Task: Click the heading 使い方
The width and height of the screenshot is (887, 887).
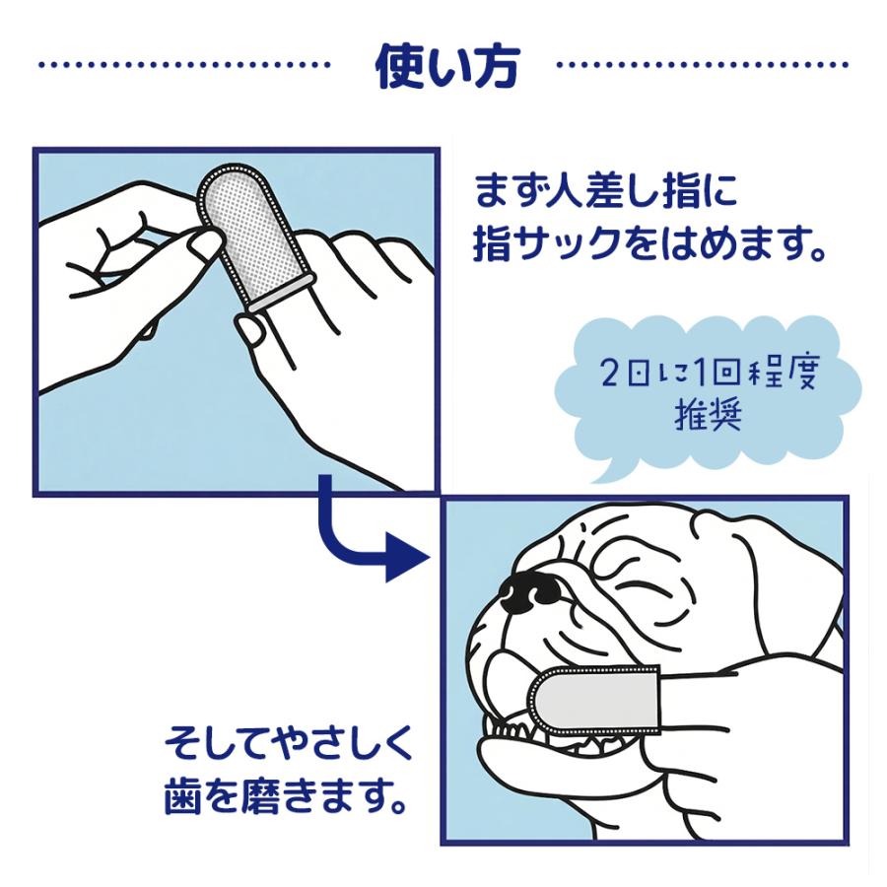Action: (x=447, y=66)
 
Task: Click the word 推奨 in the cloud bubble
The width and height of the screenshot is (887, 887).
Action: (x=708, y=417)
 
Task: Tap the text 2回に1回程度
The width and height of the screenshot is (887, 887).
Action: (x=709, y=375)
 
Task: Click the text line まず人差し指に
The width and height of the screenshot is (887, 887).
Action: (x=606, y=190)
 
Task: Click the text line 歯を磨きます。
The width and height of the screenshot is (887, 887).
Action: (x=286, y=797)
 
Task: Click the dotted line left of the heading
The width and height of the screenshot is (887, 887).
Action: (x=184, y=65)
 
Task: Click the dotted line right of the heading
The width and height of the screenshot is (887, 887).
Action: (x=702, y=65)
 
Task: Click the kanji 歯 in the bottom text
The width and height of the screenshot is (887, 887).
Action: (x=182, y=797)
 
